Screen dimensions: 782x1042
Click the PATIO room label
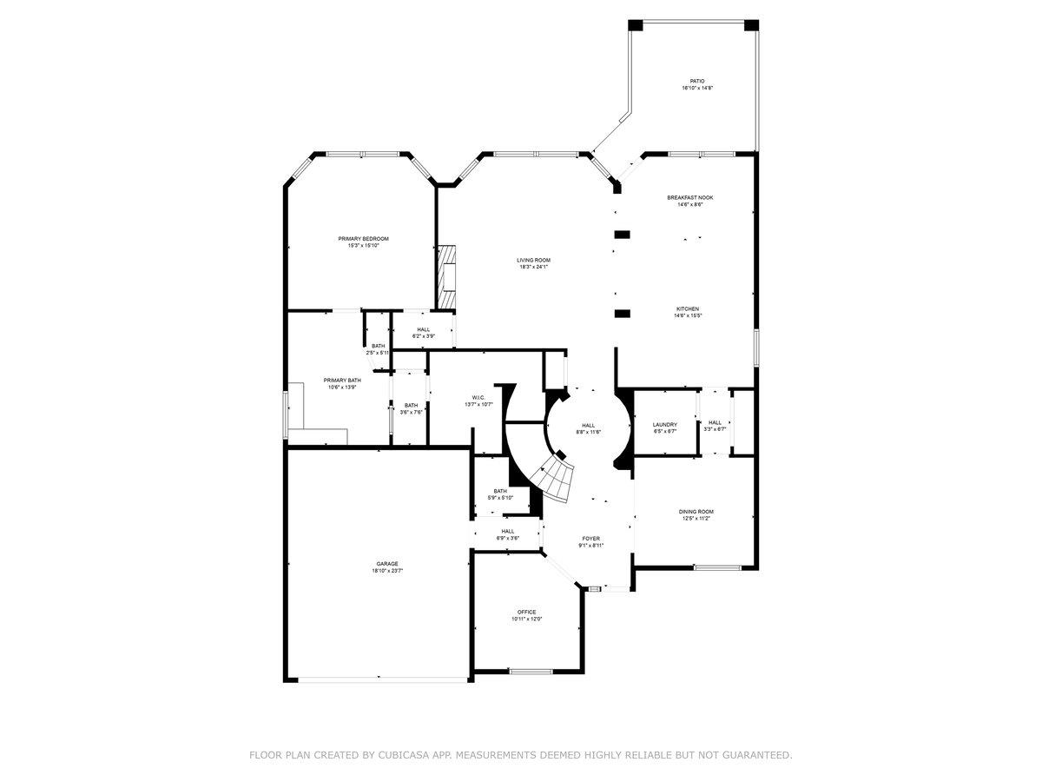[x=697, y=81]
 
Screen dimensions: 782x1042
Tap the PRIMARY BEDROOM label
[x=363, y=239]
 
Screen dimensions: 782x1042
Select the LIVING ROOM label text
[x=533, y=260]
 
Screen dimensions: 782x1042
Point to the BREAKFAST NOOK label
[x=690, y=197]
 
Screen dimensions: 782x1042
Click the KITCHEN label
[x=687, y=308]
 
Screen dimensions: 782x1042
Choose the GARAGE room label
[x=387, y=563]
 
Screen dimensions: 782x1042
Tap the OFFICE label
[x=526, y=612]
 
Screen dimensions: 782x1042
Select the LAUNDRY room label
[x=664, y=424]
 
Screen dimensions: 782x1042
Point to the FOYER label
[x=590, y=539]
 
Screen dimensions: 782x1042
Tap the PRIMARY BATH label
[x=342, y=380]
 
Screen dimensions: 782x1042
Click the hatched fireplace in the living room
[x=446, y=276]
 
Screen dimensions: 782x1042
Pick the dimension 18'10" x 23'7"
[x=387, y=571]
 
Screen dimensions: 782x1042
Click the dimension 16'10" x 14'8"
[x=697, y=89]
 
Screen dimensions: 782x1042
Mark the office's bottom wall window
[x=531, y=671]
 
